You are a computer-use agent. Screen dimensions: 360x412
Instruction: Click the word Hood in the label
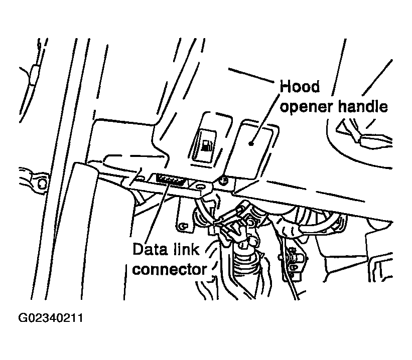(x=300, y=87)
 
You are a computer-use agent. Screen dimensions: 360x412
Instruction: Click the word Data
(x=149, y=249)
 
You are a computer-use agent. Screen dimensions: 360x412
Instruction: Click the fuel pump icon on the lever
(x=207, y=147)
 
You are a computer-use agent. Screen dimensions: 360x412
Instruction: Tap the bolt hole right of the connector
(x=201, y=187)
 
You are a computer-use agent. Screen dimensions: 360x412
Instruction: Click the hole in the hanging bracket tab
(x=184, y=226)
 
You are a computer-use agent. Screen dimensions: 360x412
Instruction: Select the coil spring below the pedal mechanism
(x=246, y=263)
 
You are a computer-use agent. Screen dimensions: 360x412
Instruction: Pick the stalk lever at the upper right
(x=366, y=133)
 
